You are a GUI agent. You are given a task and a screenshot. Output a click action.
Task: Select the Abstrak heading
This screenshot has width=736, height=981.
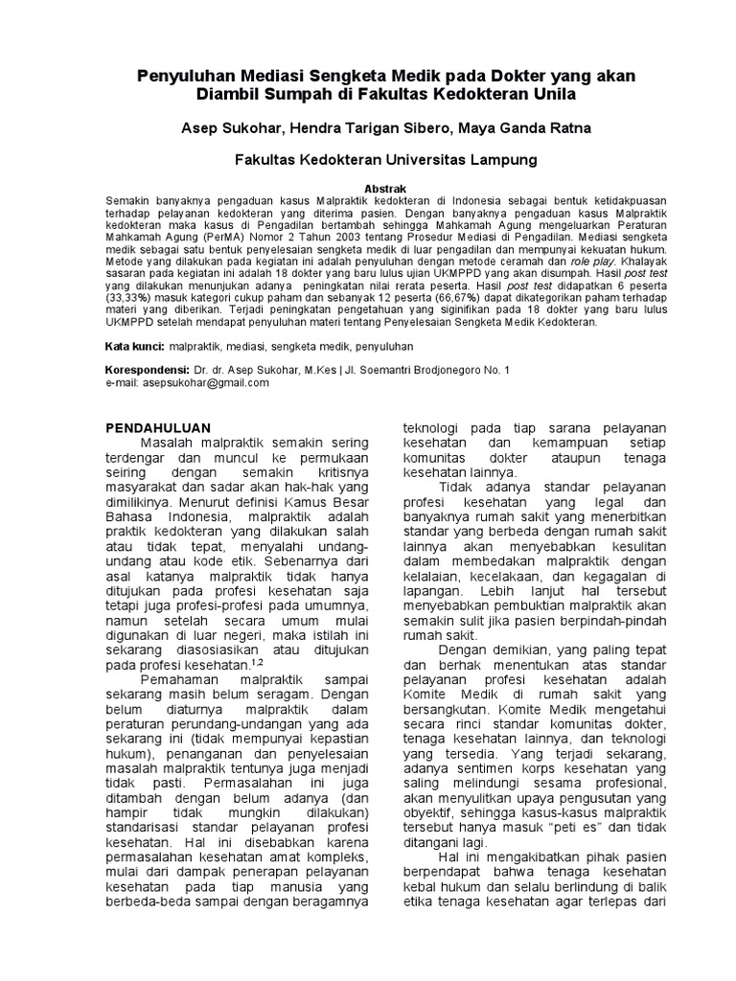[367, 189]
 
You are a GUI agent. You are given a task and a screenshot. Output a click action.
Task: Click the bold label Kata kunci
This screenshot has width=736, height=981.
[134, 344]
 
